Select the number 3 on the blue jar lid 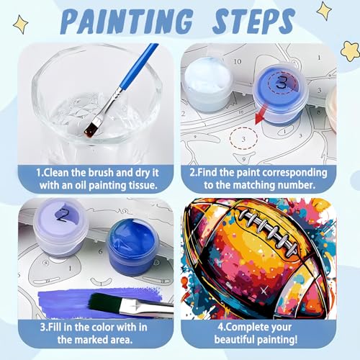tap(281, 81)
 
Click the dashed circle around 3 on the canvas tap(243, 139)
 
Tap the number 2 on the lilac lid tap(63, 215)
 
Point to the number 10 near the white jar tap(238, 61)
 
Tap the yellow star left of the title tap(21, 24)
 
